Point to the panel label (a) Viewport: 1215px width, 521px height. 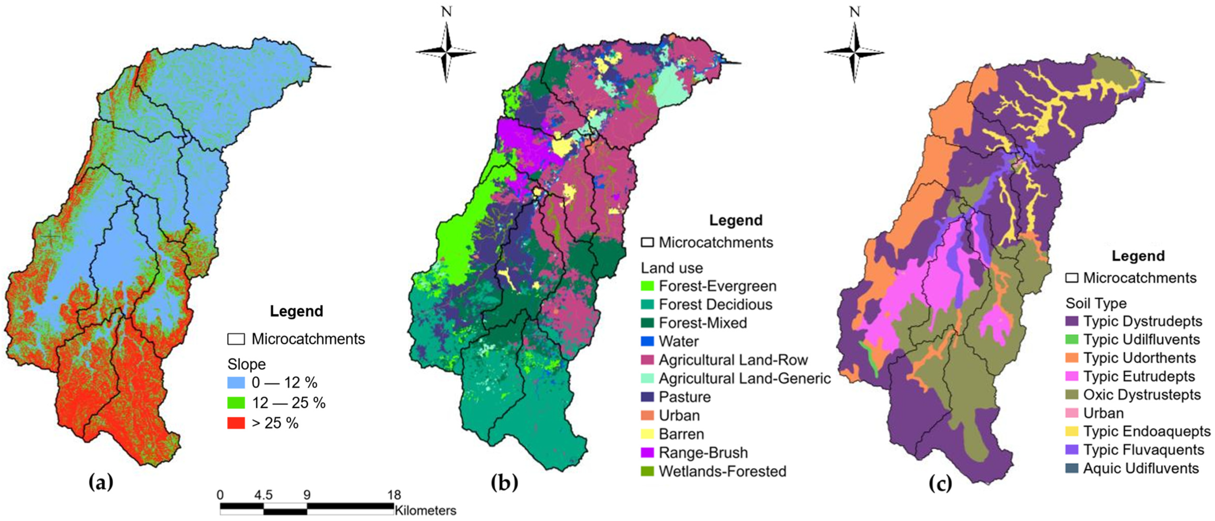pyautogui.click(x=101, y=482)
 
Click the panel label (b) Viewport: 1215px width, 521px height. pyautogui.click(x=504, y=482)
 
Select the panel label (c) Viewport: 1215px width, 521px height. pyautogui.click(x=940, y=484)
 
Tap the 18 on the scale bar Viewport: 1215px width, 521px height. pyautogui.click(x=394, y=495)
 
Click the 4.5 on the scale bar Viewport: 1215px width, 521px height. pyautogui.click(x=263, y=495)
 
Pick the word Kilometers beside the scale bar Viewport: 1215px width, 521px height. pyautogui.click(x=426, y=510)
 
